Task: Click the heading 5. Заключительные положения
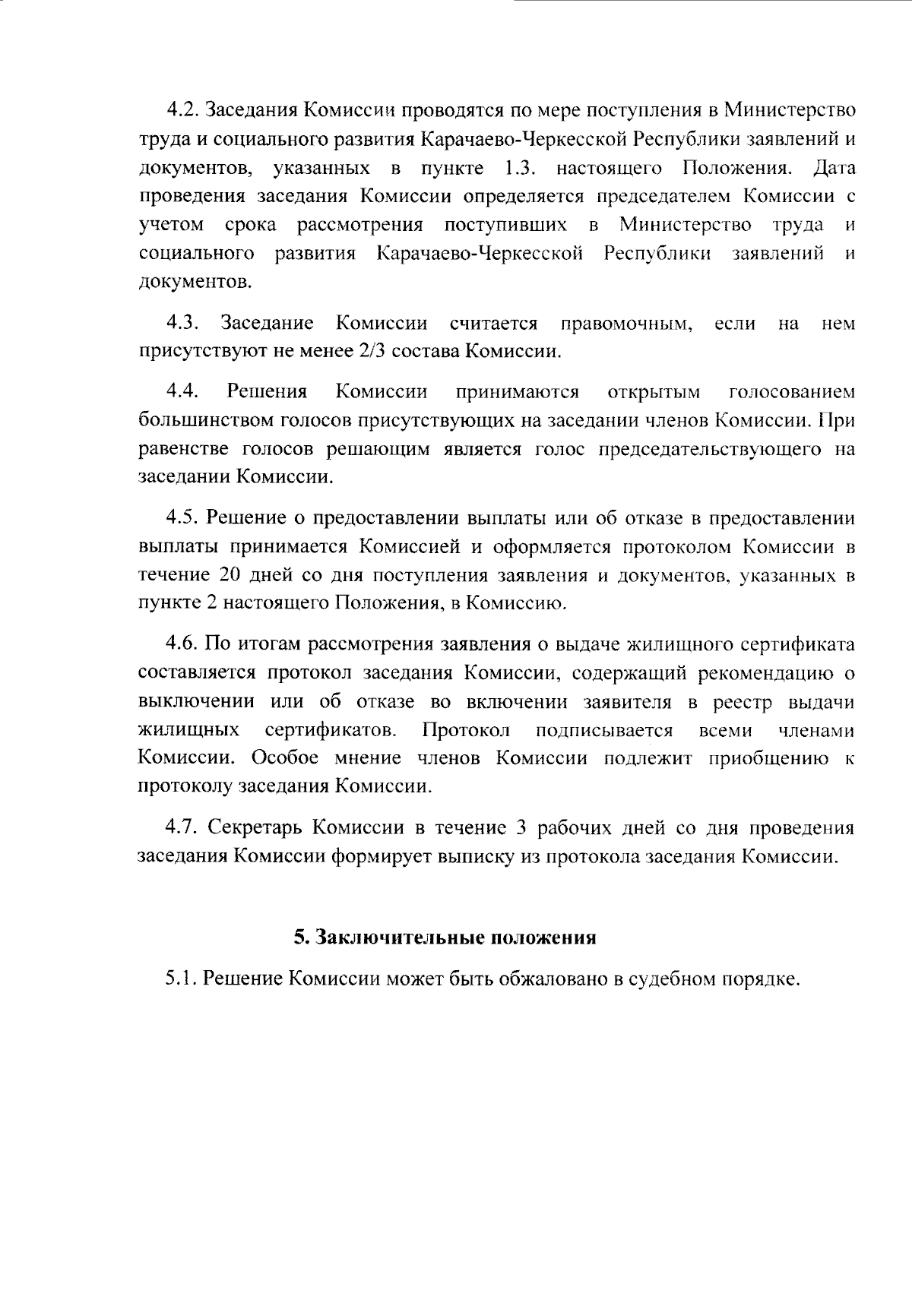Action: [x=445, y=937]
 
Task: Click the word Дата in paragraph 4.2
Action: [x=834, y=167]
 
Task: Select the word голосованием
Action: [x=791, y=393]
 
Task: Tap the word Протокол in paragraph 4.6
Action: [x=466, y=731]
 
